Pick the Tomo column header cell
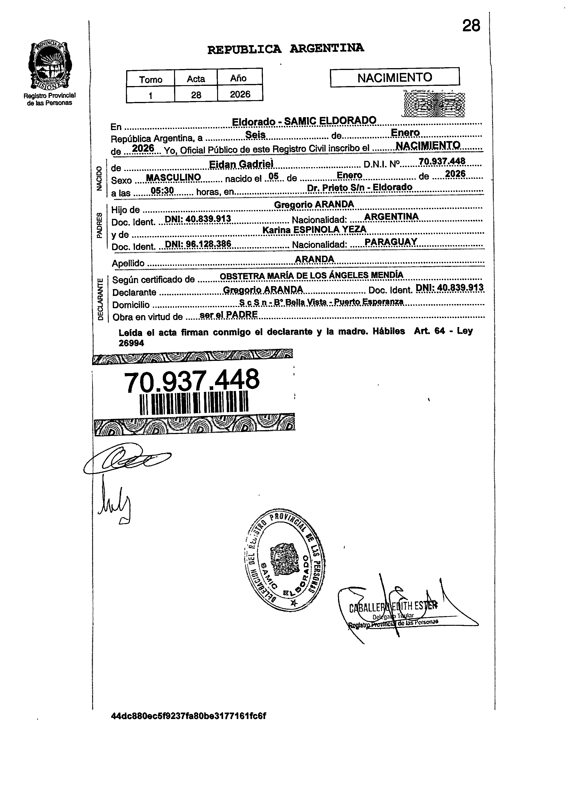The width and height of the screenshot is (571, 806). coord(151,79)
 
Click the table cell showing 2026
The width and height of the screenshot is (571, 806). coord(240,94)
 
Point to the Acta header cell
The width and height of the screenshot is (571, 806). coord(196,79)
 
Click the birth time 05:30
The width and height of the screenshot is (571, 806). coord(162,191)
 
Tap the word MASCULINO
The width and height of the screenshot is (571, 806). coord(173,177)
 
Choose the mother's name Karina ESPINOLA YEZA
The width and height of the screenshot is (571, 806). coord(314,229)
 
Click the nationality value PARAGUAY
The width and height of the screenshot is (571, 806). coord(391,242)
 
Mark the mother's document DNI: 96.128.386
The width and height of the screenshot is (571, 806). coord(198,244)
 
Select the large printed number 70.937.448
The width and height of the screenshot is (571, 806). coord(192,381)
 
